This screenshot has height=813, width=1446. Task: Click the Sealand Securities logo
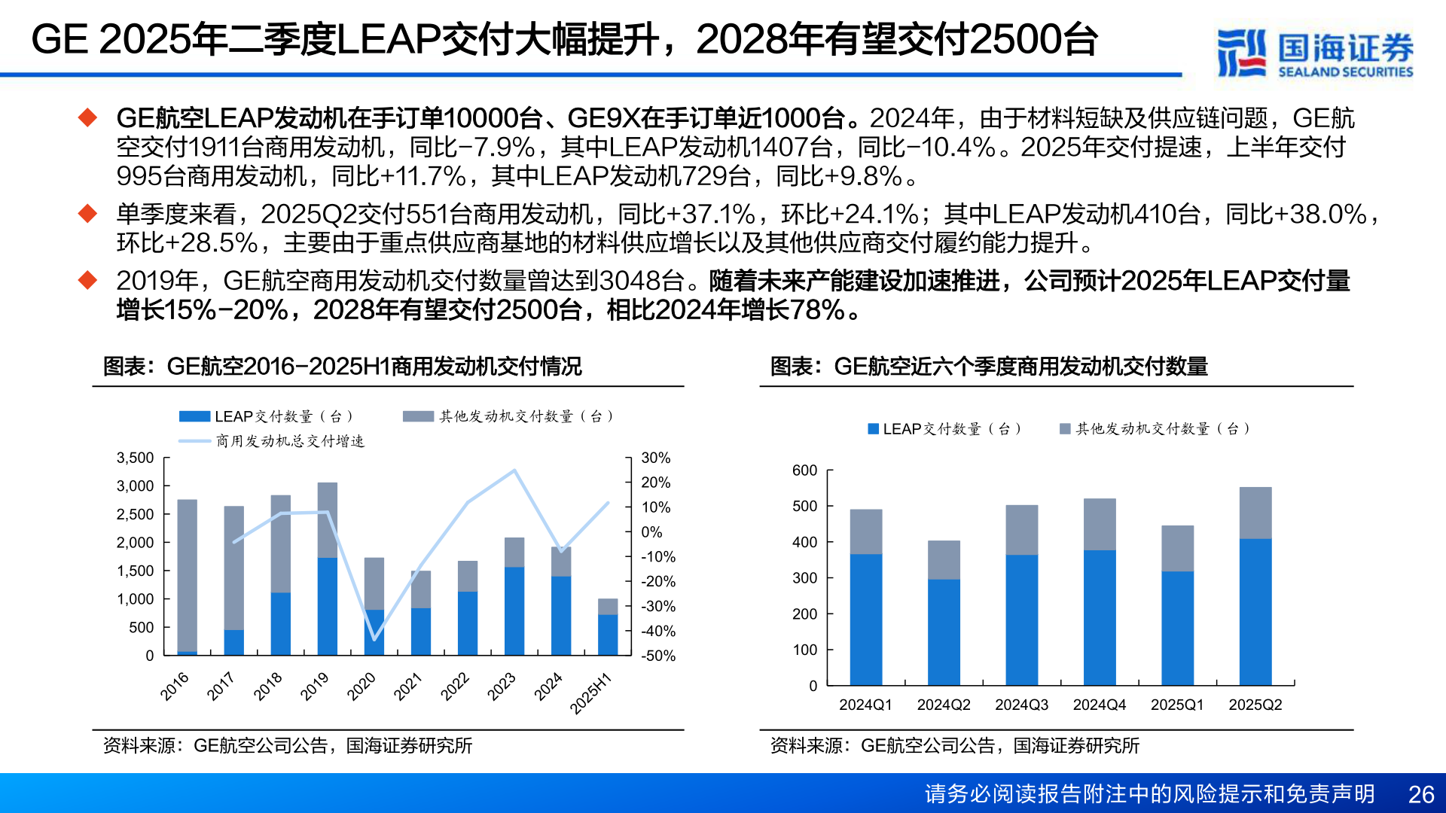[x=1314, y=53]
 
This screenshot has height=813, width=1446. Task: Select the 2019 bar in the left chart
[x=328, y=569]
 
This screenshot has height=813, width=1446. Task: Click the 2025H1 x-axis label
[x=590, y=693]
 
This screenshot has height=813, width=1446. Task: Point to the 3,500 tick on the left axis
[x=136, y=458]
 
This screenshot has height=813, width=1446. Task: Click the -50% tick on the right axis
[x=657, y=656]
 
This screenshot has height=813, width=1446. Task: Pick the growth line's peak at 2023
[x=514, y=470]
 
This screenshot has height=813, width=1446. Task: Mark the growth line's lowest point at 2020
[x=374, y=639]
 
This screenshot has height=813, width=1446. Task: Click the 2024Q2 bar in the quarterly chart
[x=944, y=613]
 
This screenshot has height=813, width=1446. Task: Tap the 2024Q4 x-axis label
[x=1099, y=705]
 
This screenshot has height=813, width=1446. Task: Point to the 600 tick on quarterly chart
[x=804, y=470]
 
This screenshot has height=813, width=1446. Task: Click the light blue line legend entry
[x=271, y=441]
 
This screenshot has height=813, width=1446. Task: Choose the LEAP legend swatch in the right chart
[x=874, y=429]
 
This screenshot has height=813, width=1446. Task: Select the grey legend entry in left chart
[x=508, y=416]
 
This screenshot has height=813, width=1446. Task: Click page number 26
[x=1420, y=794]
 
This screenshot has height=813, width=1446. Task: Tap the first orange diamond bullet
[x=88, y=117]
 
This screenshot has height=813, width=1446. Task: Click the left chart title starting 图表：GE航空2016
[x=343, y=367]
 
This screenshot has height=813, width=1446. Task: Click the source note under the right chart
[x=954, y=745]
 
